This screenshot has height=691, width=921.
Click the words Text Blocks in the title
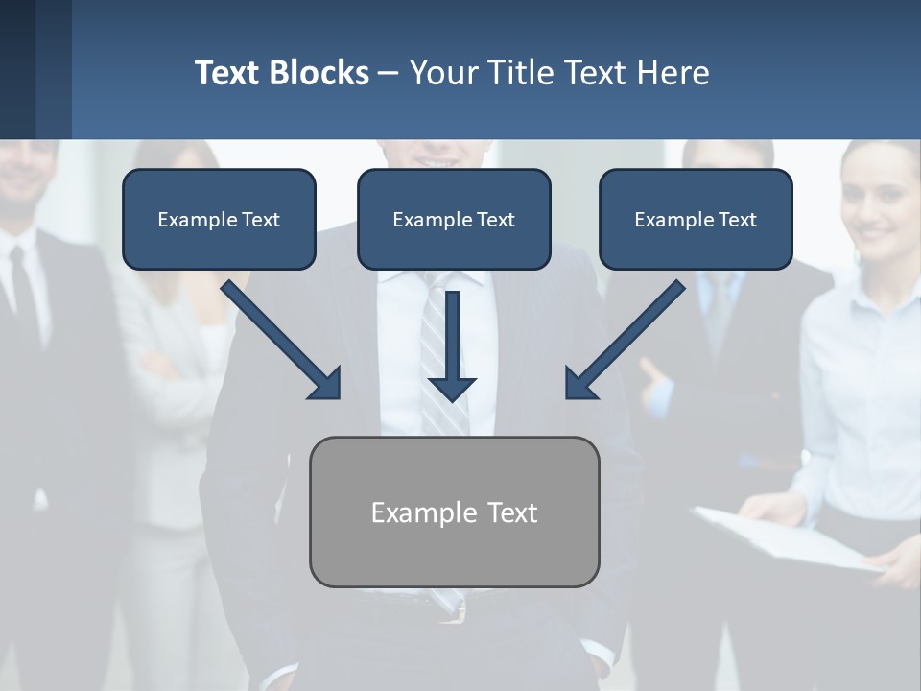(x=281, y=73)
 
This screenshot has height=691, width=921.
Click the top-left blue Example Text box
(x=219, y=219)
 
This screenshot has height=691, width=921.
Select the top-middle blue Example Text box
(x=454, y=219)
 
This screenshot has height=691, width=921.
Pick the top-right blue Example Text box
(x=696, y=219)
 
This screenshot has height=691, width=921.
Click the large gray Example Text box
(x=454, y=512)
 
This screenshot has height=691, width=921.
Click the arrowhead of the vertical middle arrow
(x=452, y=389)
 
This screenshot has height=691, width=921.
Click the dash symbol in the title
(x=389, y=73)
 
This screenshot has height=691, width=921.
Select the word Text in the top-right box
(x=737, y=220)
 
